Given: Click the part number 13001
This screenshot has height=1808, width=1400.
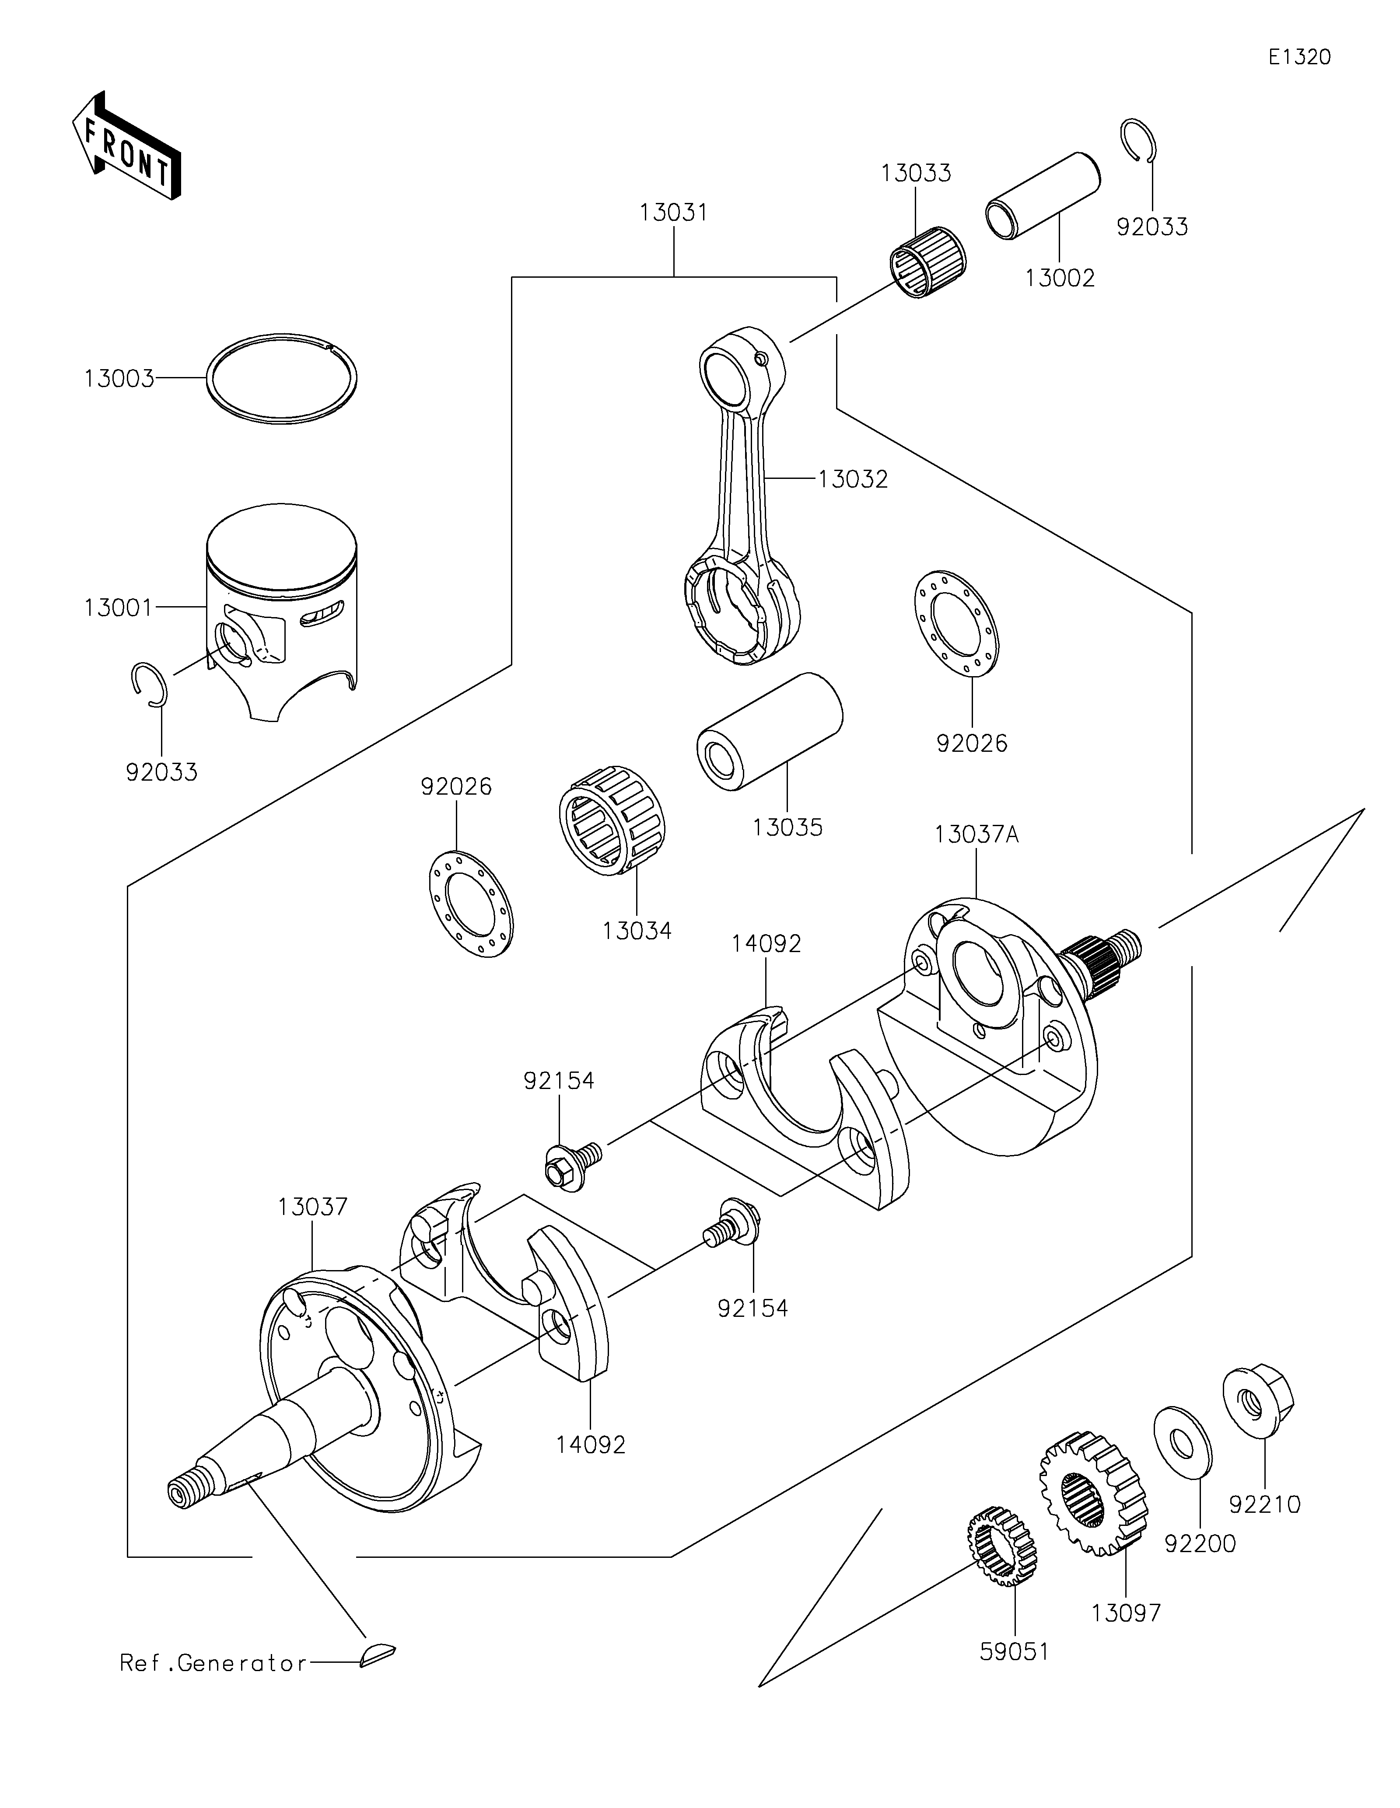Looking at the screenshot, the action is click(119, 608).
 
